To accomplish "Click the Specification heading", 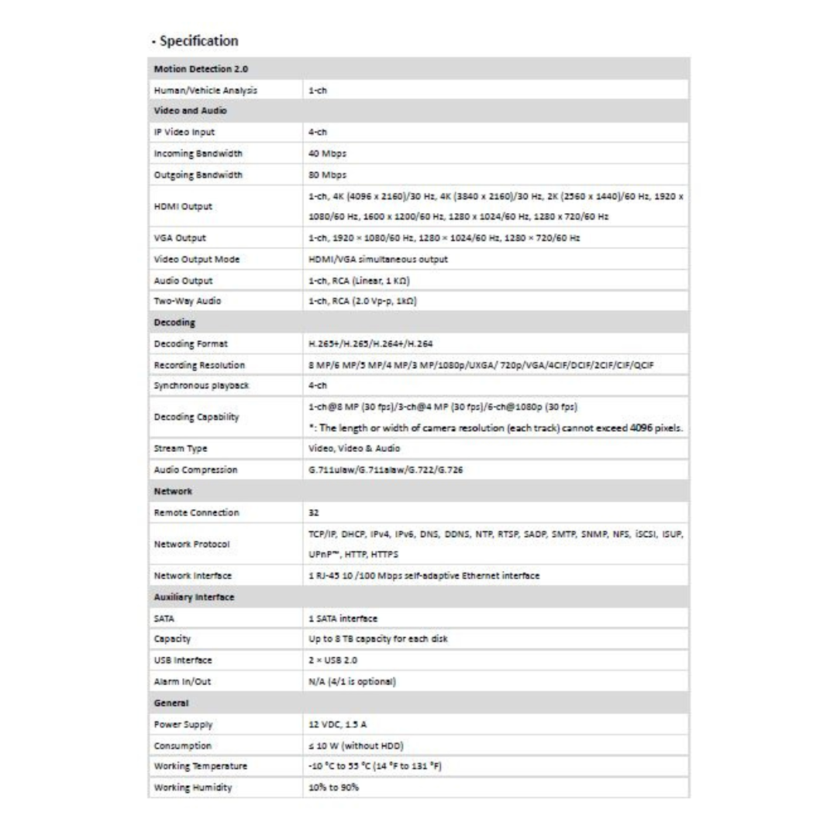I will pyautogui.click(x=195, y=40).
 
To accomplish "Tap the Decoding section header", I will pyautogui.click(x=174, y=322).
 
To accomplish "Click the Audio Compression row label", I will pyautogui.click(x=195, y=470).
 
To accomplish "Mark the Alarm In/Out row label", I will pyautogui.click(x=183, y=681).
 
